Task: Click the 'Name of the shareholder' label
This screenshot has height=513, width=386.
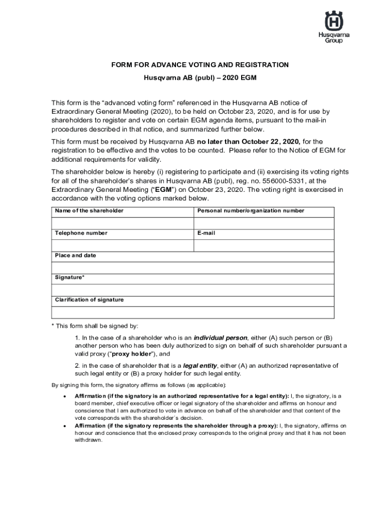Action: point(89,211)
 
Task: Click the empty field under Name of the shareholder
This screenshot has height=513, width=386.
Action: point(122,223)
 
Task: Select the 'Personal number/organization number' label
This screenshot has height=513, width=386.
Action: point(251,211)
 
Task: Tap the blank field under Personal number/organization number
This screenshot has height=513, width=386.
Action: point(264,223)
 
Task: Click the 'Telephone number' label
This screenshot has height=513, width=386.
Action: point(81,233)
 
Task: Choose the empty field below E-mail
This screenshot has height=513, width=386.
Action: point(264,245)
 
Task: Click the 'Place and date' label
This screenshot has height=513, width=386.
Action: point(76,255)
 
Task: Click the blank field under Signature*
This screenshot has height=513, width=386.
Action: point(192,290)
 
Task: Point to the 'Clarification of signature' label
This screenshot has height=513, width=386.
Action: point(89,300)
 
